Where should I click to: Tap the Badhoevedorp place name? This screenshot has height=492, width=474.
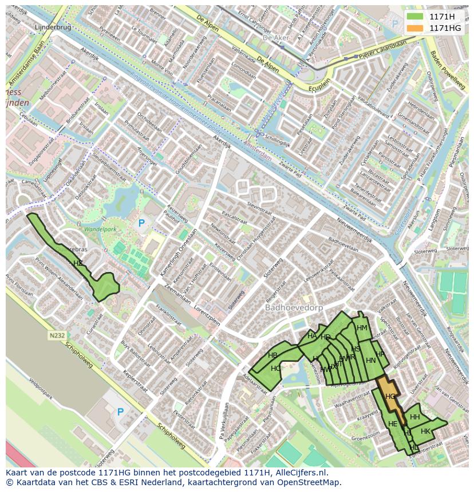[x=294, y=307]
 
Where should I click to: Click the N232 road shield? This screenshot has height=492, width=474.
[x=57, y=336]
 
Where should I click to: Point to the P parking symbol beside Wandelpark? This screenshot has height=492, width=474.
[x=141, y=223]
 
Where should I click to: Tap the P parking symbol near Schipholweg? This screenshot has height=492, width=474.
[x=120, y=412]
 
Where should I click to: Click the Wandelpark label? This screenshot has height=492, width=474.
[x=100, y=229]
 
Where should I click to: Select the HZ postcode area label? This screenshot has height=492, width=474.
[x=78, y=263]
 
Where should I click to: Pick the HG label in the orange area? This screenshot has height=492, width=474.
[x=390, y=396]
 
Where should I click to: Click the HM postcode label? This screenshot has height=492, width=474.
[x=362, y=327]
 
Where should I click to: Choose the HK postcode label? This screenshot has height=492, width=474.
[x=425, y=431]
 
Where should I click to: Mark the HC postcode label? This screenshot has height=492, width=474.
[x=276, y=368]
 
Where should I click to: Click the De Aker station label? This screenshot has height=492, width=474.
[x=274, y=37]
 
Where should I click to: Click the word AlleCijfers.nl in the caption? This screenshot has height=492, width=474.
[x=298, y=473]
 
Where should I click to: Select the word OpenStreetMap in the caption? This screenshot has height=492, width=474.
[x=311, y=482]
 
